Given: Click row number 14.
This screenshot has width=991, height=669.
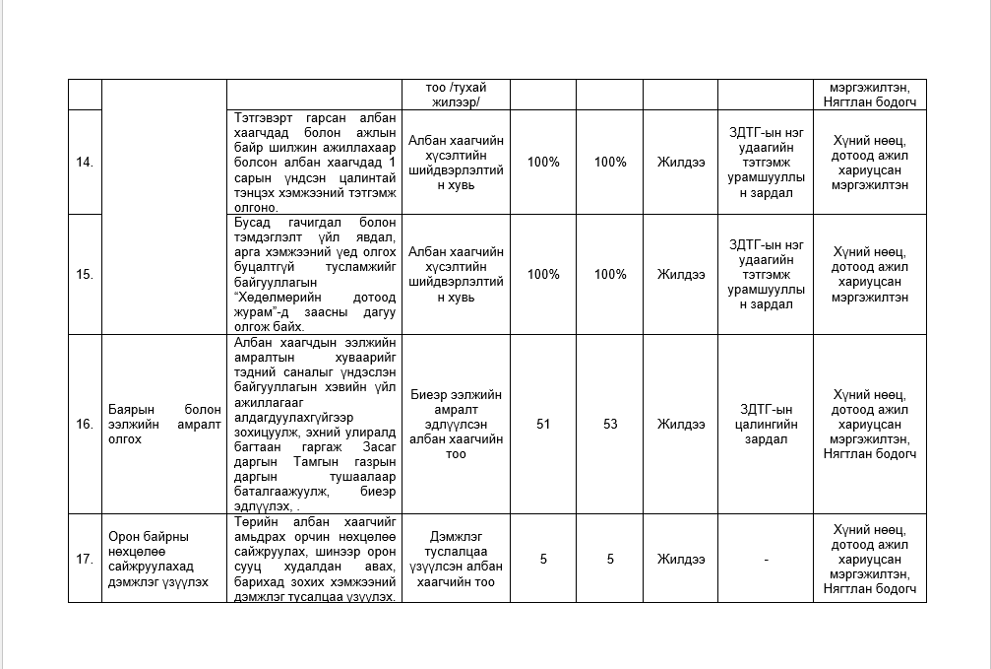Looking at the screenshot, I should point(85,163).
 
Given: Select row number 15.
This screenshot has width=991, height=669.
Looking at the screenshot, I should point(85,275).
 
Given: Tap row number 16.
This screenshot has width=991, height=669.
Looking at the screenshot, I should point(85,425).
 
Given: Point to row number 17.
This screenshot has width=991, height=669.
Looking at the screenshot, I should point(85,559).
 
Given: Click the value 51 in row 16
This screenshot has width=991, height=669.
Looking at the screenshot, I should point(543,425).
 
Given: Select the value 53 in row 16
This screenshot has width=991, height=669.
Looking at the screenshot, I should point(610,425).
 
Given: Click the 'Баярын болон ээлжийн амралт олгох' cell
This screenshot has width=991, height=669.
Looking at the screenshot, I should point(164,425).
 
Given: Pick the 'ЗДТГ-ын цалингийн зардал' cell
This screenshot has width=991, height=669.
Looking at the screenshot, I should point(766,425).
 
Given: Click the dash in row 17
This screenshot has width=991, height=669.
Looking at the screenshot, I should point(766,560).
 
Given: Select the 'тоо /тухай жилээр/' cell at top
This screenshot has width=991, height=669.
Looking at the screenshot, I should point(456,95).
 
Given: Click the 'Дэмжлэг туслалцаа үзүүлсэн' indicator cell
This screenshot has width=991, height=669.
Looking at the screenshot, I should point(456,559).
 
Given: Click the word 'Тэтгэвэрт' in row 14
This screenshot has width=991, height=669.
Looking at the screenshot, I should point(258,116).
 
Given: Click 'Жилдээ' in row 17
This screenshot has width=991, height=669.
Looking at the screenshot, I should point(681,559).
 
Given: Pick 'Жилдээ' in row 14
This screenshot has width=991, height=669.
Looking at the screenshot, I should point(681,163).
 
